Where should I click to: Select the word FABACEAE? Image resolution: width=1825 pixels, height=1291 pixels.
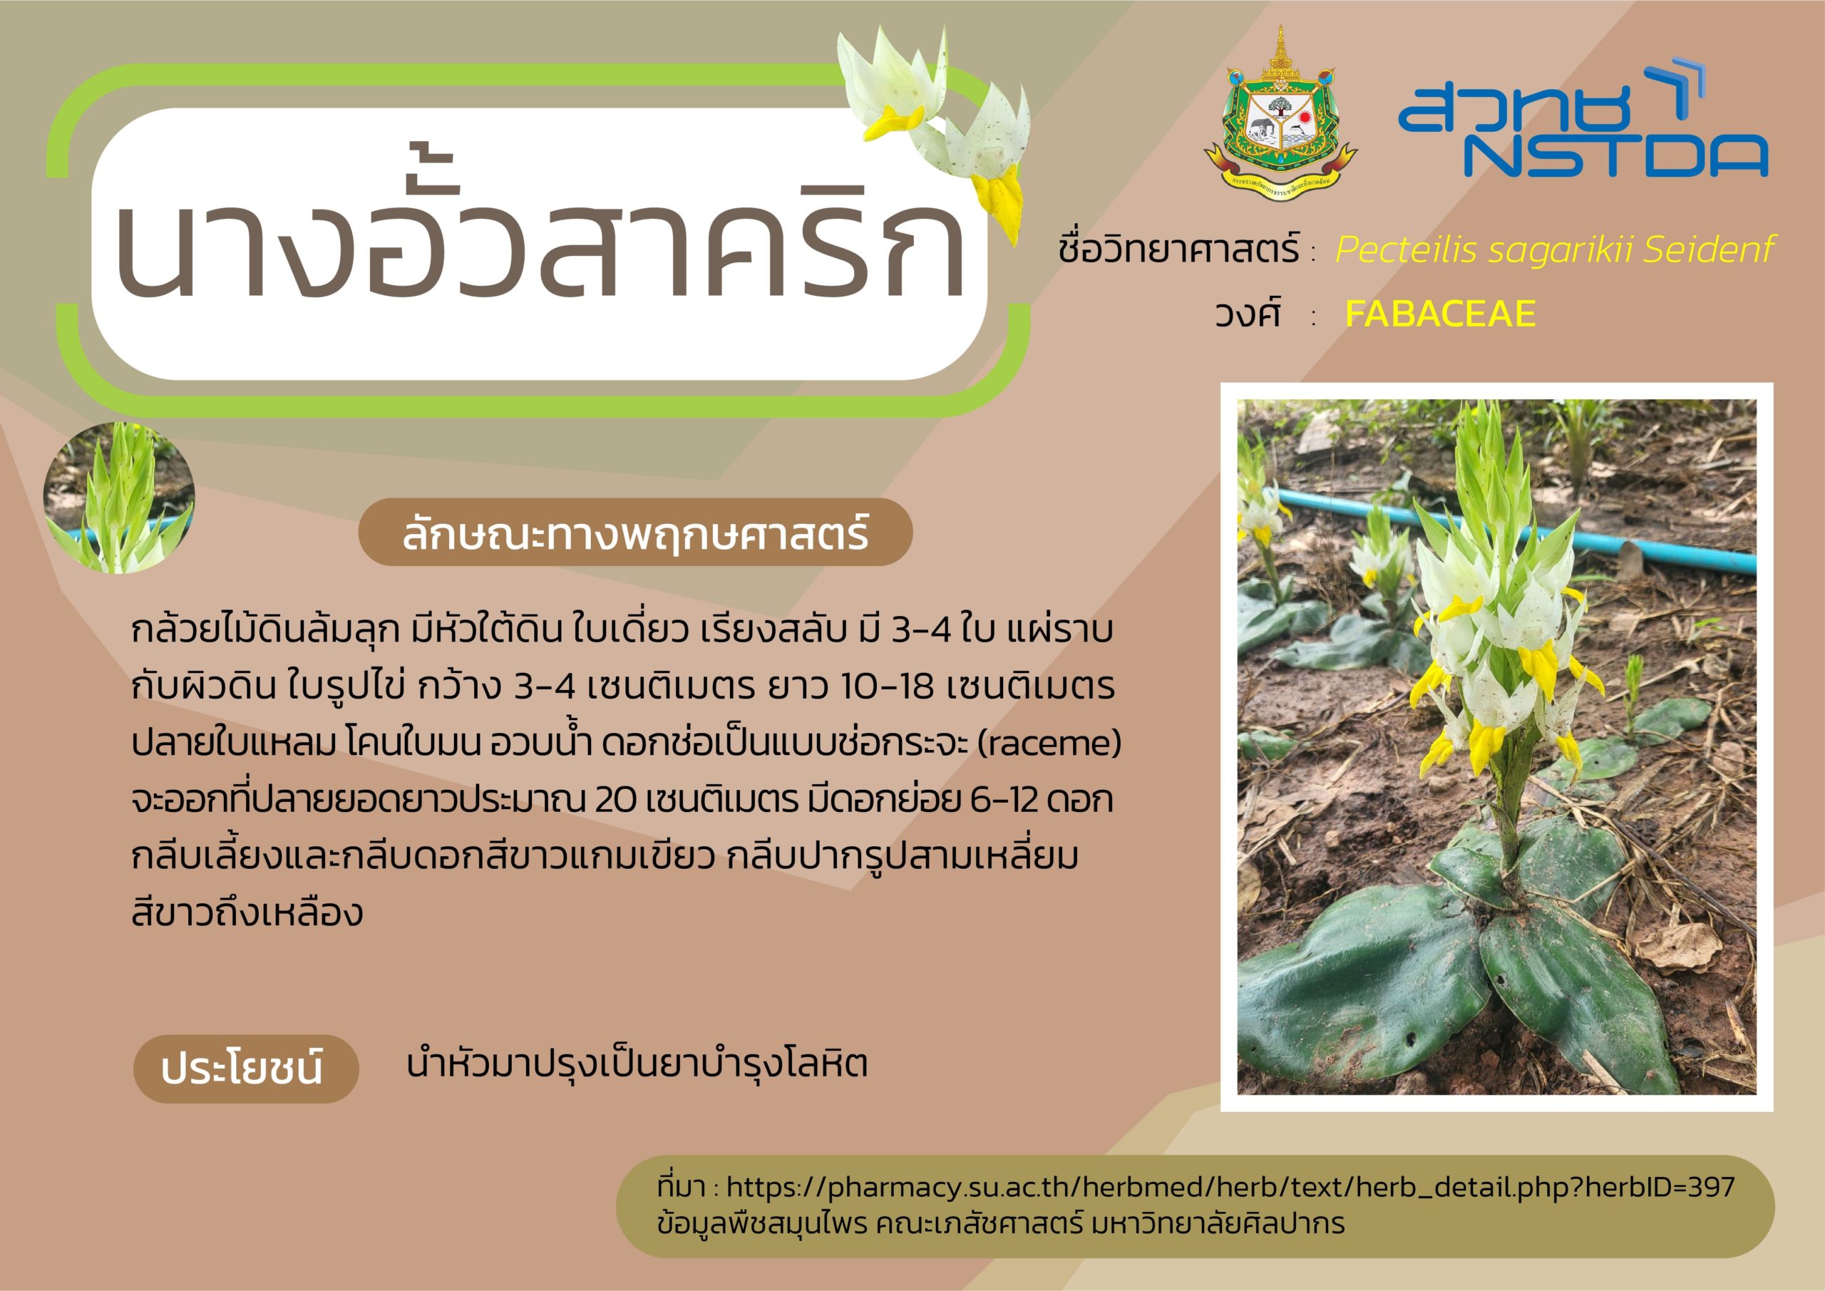click(x=1439, y=313)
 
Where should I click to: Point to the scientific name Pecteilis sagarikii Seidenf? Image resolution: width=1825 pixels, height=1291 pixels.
click(x=1555, y=250)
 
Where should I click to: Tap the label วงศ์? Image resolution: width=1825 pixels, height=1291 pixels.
click(x=1247, y=314)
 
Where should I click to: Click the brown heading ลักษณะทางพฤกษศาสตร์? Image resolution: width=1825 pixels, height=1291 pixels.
click(x=635, y=533)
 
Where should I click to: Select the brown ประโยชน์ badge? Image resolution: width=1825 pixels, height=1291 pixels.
click(x=246, y=1069)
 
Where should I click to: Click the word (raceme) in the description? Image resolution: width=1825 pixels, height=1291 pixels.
click(x=1049, y=744)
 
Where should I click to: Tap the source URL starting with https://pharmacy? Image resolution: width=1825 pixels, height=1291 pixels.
click(x=1230, y=1188)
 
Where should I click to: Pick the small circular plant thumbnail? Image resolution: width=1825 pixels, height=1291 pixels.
click(x=119, y=498)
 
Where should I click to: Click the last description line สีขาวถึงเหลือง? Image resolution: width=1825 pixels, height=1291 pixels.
click(x=247, y=913)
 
